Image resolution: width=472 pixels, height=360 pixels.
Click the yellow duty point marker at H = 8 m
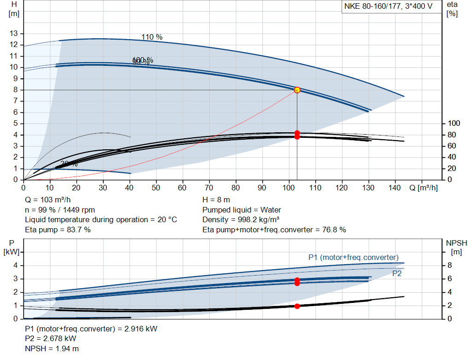[x=297, y=90]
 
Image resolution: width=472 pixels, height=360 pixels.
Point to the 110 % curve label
[x=152, y=37]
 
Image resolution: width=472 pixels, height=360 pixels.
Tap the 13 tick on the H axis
[x=14, y=33]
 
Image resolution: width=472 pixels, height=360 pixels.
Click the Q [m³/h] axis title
[x=423, y=188]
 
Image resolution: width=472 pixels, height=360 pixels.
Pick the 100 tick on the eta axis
[x=454, y=124]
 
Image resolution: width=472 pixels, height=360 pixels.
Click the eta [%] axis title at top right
[x=452, y=9]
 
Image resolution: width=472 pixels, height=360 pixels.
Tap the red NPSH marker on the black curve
[x=297, y=306]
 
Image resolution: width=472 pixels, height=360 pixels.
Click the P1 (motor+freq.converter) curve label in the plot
[x=353, y=257]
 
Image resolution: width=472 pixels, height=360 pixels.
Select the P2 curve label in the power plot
[x=397, y=273]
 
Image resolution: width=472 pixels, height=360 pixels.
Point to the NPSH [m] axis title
[x=456, y=247]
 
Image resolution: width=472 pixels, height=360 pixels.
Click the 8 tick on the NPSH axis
[x=451, y=266]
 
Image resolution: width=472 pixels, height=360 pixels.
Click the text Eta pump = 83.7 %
[x=58, y=230]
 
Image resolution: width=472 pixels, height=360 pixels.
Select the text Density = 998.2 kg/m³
[x=241, y=220]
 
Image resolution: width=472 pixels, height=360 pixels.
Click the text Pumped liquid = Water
[x=242, y=210]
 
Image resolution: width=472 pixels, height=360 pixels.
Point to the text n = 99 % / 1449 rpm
[x=60, y=210]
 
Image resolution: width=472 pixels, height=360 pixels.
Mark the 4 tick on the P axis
[x=15, y=266]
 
